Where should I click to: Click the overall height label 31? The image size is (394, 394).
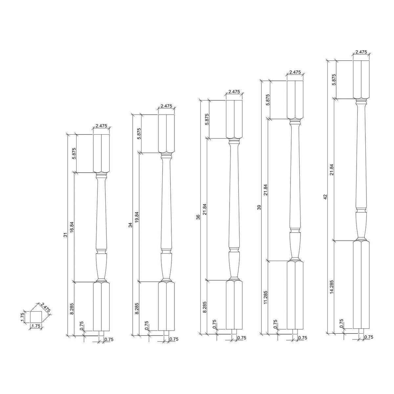[65, 235]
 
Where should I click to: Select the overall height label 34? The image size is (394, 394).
[130, 225]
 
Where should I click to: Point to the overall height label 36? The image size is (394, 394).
[198, 217]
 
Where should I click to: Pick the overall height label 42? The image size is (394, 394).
[325, 197]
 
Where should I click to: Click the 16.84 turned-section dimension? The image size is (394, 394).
[72, 227]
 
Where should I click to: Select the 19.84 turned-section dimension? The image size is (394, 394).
[137, 217]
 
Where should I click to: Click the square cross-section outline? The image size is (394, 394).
[35, 317]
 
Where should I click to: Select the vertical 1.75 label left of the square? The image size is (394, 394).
[22, 317]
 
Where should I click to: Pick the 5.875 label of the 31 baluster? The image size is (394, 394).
[74, 154]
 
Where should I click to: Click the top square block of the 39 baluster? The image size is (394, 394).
[295, 99]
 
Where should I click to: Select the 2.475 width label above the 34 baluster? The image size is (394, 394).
[166, 106]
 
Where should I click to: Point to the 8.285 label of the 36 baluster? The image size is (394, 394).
[205, 307]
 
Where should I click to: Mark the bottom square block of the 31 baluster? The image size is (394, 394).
[101, 306]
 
